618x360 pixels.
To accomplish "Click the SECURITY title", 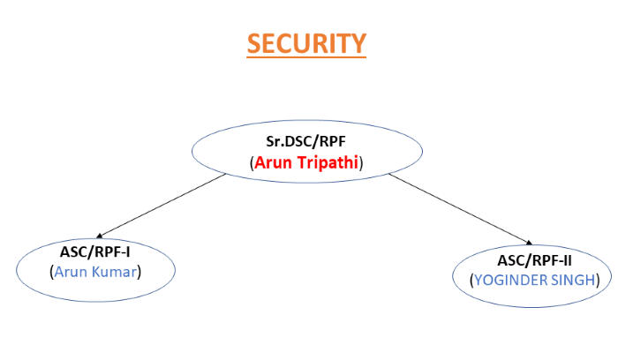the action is [x=306, y=43].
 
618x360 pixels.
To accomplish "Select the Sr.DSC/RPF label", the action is [x=305, y=141].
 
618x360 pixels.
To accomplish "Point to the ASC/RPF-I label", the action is [x=95, y=251].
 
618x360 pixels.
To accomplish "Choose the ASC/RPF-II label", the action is [x=534, y=260].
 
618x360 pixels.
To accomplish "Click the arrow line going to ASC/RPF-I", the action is [x=162, y=206].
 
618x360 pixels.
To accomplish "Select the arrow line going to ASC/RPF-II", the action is [x=460, y=209].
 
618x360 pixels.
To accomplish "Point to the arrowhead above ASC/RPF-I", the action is [x=99, y=236].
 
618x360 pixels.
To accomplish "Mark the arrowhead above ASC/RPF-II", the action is [x=530, y=243].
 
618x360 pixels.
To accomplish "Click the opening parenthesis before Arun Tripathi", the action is [x=252, y=163].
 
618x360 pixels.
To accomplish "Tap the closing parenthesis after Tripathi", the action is [x=361, y=163].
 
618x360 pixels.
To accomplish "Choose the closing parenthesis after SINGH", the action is [x=598, y=281].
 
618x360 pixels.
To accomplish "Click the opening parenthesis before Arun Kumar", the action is [x=51, y=272].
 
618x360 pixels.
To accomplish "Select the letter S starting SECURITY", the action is [x=254, y=43].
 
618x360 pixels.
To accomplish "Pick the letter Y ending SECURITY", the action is [x=358, y=43].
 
